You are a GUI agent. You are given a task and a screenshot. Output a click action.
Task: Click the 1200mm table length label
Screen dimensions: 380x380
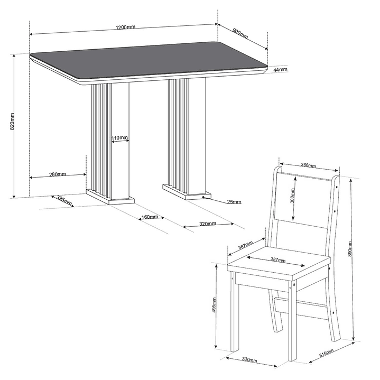point(125,27)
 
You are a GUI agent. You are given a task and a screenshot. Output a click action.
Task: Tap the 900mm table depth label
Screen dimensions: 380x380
point(240,33)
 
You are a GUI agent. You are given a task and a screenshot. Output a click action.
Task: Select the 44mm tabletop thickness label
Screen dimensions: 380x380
point(280,70)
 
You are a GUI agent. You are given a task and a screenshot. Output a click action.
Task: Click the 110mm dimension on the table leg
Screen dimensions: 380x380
point(119,137)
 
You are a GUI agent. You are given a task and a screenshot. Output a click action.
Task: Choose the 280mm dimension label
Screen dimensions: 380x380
point(58,174)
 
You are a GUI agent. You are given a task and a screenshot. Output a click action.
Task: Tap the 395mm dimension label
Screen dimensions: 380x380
point(64,200)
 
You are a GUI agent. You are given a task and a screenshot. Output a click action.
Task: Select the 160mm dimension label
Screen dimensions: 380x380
point(150,217)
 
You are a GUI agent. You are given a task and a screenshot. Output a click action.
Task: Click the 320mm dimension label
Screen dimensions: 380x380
point(208,224)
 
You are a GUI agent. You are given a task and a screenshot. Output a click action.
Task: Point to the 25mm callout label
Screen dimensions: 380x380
point(234,202)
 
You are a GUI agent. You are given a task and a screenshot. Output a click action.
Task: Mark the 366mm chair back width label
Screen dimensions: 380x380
point(308,165)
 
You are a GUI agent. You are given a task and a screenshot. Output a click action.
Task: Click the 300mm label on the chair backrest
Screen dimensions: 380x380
point(292,196)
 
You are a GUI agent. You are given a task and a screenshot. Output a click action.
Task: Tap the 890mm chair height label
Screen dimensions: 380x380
point(349,249)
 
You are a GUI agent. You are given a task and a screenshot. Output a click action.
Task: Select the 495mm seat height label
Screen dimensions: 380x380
point(214,305)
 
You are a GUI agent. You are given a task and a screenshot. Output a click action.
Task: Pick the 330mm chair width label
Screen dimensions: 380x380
point(249,360)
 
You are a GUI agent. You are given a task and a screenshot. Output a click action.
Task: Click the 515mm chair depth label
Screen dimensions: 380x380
point(326,353)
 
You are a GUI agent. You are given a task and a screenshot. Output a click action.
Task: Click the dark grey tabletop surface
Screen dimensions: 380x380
point(149,60)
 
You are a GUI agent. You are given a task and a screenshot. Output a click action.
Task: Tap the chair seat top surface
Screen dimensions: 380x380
point(279,262)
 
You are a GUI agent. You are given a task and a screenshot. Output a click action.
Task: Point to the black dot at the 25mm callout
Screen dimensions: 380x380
point(203,197)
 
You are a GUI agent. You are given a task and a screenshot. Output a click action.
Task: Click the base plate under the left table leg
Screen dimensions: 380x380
point(110,197)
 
